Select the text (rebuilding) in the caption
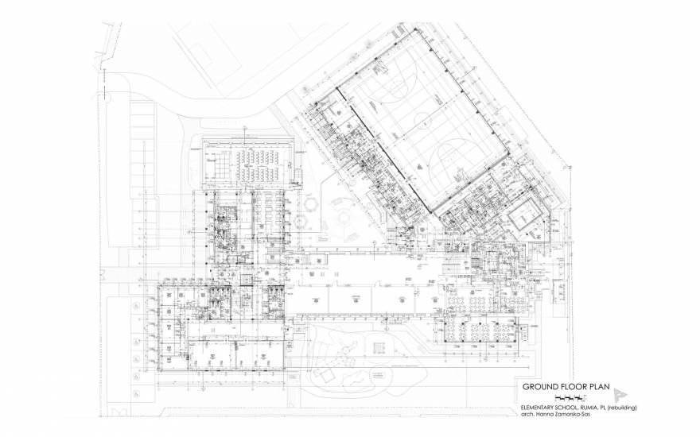628,407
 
